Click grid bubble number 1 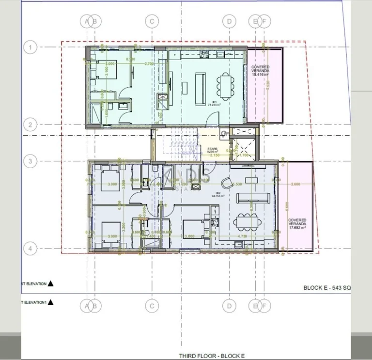click(30, 47)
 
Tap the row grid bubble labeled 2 click(30, 125)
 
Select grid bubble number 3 click(30, 161)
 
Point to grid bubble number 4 click(30, 249)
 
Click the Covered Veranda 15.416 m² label click(260, 71)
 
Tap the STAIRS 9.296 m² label click(212, 150)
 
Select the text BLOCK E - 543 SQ click(326, 287)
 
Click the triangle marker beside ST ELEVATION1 click(50, 302)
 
